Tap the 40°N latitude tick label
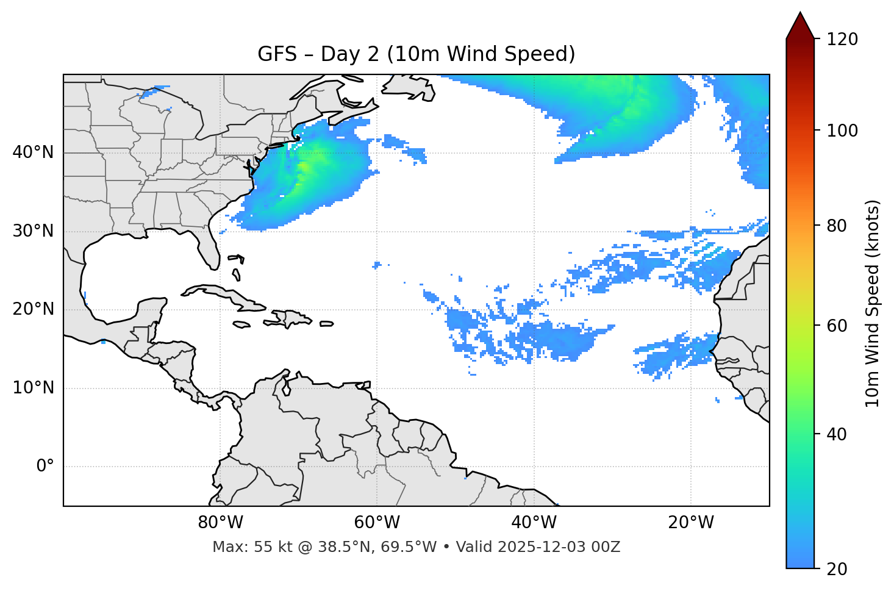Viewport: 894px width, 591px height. point(33,152)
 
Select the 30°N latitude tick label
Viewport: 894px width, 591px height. point(33,231)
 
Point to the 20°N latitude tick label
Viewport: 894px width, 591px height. point(33,309)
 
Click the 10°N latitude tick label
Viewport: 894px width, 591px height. point(33,388)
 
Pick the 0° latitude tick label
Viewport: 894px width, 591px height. point(45,467)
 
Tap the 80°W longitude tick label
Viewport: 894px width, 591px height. point(220,523)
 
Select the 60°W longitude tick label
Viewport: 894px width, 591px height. point(377,523)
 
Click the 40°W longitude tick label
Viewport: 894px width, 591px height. point(534,523)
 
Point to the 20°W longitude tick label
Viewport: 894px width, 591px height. point(691,523)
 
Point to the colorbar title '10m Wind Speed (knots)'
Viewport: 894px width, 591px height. point(873,304)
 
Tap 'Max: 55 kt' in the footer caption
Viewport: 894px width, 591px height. point(240,547)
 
